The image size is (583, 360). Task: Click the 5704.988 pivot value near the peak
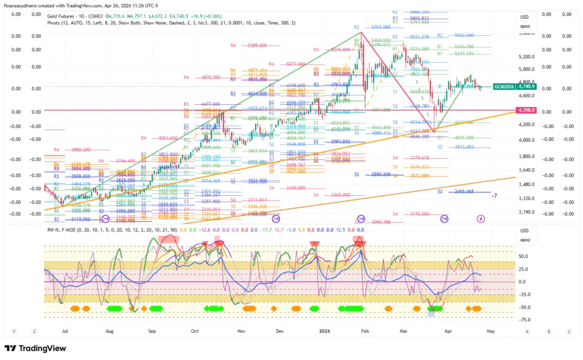click(x=380, y=27)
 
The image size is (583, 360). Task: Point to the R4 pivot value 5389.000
click(x=258, y=45)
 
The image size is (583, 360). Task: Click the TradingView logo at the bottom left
click(x=37, y=349)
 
